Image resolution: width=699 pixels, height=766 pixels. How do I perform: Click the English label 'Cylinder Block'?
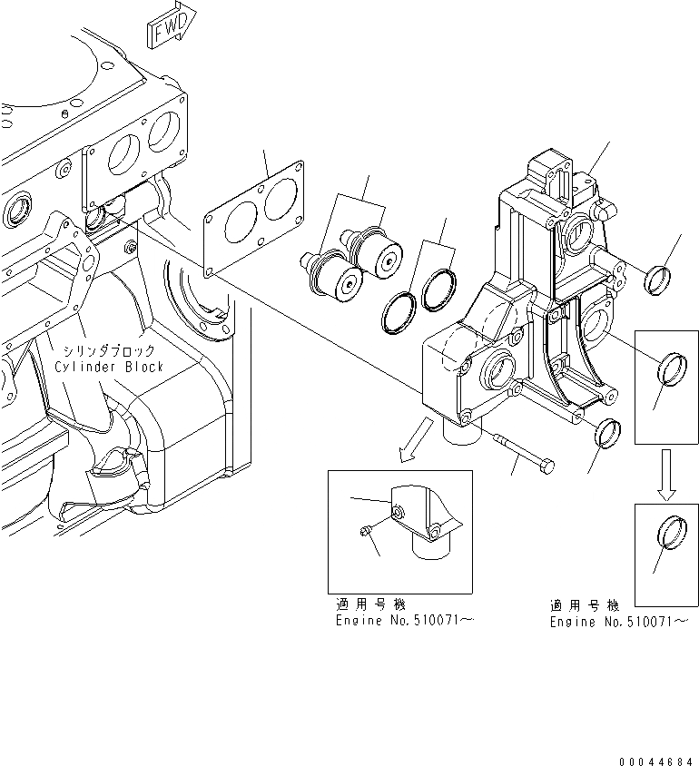[x=109, y=367]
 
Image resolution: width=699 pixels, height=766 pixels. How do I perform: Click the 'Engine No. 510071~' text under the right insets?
[x=618, y=622]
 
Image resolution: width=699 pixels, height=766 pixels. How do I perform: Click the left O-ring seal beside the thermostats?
[x=398, y=312]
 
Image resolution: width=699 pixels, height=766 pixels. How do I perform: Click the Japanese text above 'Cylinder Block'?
[x=107, y=350]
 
